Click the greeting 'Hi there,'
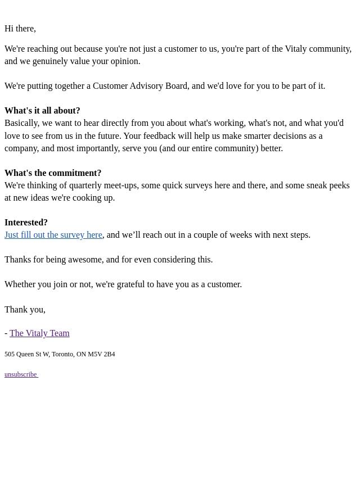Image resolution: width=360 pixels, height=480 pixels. point(20,29)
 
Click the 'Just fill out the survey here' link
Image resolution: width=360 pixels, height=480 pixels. point(53,235)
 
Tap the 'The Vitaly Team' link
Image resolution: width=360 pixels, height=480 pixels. point(39,333)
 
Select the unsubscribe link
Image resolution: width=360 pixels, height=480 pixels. point(21,374)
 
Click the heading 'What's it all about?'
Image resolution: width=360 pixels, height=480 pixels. point(42,111)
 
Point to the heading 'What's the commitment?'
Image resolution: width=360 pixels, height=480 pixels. point(53,173)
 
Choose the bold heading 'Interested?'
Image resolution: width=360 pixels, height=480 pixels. point(26,223)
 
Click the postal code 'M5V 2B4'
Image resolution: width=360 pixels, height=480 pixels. point(101,355)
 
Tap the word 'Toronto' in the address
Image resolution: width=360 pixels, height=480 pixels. point(63,355)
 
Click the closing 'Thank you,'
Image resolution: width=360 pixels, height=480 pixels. point(25,310)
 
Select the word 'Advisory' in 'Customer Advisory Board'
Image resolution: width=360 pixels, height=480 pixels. point(147,86)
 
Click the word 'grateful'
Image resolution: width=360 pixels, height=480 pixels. point(133,284)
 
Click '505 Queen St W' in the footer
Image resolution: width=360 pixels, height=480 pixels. point(27,355)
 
